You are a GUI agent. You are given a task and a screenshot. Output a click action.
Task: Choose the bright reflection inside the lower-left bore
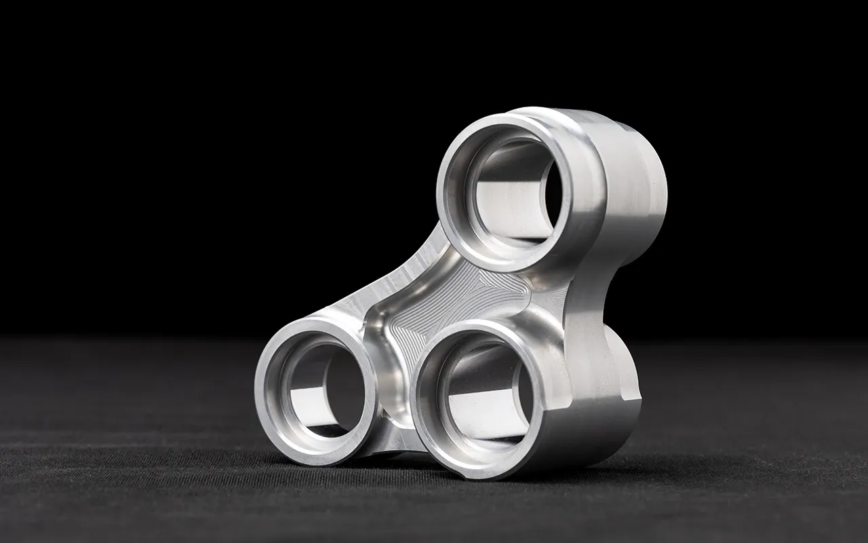319,407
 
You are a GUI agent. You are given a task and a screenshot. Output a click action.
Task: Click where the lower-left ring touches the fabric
319,464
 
